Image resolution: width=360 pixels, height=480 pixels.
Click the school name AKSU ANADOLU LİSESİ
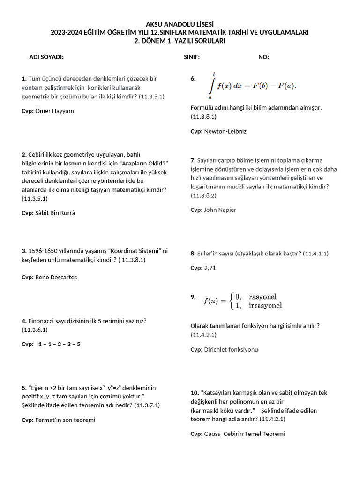tap(180, 24)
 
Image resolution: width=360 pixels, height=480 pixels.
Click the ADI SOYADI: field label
tap(46, 57)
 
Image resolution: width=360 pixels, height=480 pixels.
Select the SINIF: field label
tap(192, 57)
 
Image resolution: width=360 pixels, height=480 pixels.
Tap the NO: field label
tap(263, 57)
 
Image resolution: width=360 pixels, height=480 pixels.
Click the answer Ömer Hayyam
tap(54, 111)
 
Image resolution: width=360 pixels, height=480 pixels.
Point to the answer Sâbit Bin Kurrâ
tap(55, 213)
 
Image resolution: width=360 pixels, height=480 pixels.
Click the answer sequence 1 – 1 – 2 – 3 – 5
tap(60, 345)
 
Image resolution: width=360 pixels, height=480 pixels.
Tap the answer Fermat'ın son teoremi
tap(65, 420)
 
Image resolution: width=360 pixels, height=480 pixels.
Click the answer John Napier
tap(220, 210)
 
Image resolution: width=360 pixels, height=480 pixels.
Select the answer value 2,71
tap(210, 268)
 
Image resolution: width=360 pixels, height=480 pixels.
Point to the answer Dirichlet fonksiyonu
tap(231, 350)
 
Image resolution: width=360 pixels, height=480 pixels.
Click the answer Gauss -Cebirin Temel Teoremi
tap(244, 434)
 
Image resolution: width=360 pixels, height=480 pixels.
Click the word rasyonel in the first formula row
tap(262, 297)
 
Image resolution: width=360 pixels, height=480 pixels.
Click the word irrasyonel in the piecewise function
tap(265, 306)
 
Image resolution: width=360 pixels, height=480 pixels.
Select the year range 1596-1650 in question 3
tap(44, 251)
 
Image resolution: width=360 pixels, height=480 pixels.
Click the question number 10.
tap(195, 393)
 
